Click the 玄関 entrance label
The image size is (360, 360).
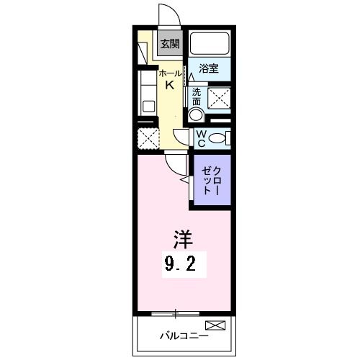tap(169, 45)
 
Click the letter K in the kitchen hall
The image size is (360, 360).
tap(170, 85)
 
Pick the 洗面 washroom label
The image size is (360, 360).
tap(197, 96)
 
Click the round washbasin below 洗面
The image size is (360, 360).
tap(195, 115)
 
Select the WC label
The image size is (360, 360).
tap(201, 138)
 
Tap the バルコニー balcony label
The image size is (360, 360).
tap(184, 336)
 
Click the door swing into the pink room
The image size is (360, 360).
tap(174, 164)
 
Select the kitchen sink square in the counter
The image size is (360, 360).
tap(149, 106)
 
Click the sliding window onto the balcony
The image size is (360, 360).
tap(176, 312)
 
